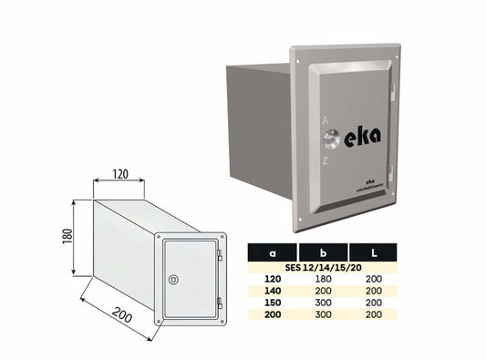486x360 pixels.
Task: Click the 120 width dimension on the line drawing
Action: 119,172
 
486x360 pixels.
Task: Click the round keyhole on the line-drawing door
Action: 175,276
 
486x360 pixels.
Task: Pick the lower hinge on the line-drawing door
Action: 221,303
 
